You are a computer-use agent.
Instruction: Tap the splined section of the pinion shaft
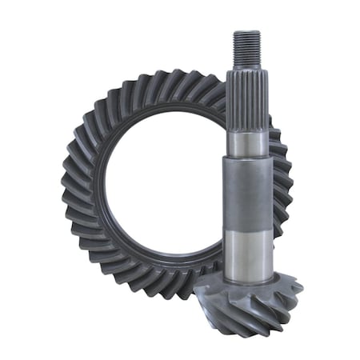tap(245, 100)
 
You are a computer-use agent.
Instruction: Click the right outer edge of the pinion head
tap(300, 288)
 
